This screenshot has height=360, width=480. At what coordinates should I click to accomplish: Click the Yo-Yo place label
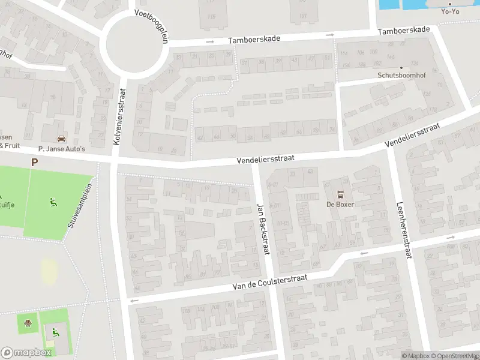[x=450, y=11]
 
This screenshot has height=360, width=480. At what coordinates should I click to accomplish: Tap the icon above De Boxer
[x=340, y=194]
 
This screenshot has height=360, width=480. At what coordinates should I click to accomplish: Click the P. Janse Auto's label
[x=61, y=149]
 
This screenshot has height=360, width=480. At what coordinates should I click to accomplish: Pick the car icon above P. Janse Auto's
[x=61, y=139]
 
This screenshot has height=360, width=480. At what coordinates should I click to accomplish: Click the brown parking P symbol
[x=34, y=162]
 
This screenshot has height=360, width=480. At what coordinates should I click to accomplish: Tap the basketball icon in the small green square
[x=27, y=324]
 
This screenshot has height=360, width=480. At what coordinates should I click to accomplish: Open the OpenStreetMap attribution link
[x=455, y=356]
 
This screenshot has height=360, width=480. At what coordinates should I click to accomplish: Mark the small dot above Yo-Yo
[x=449, y=4]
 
